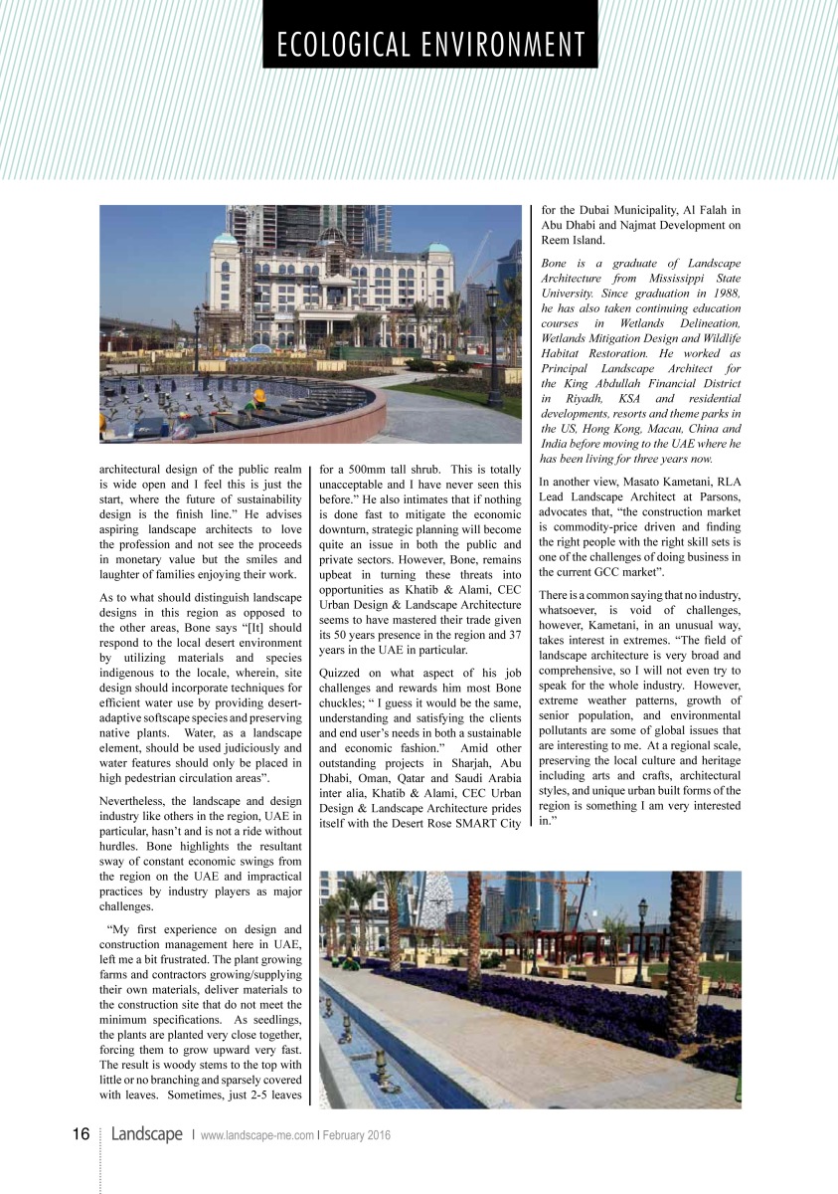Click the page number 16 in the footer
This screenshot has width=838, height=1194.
(81, 1134)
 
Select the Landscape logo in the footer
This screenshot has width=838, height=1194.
(146, 1134)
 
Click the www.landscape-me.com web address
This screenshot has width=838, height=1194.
(257, 1135)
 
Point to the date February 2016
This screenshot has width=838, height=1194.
(356, 1135)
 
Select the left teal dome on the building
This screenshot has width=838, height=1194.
(226, 239)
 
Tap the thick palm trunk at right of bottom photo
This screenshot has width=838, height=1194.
(685, 955)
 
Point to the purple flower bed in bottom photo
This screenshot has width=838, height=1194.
(557, 1005)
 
